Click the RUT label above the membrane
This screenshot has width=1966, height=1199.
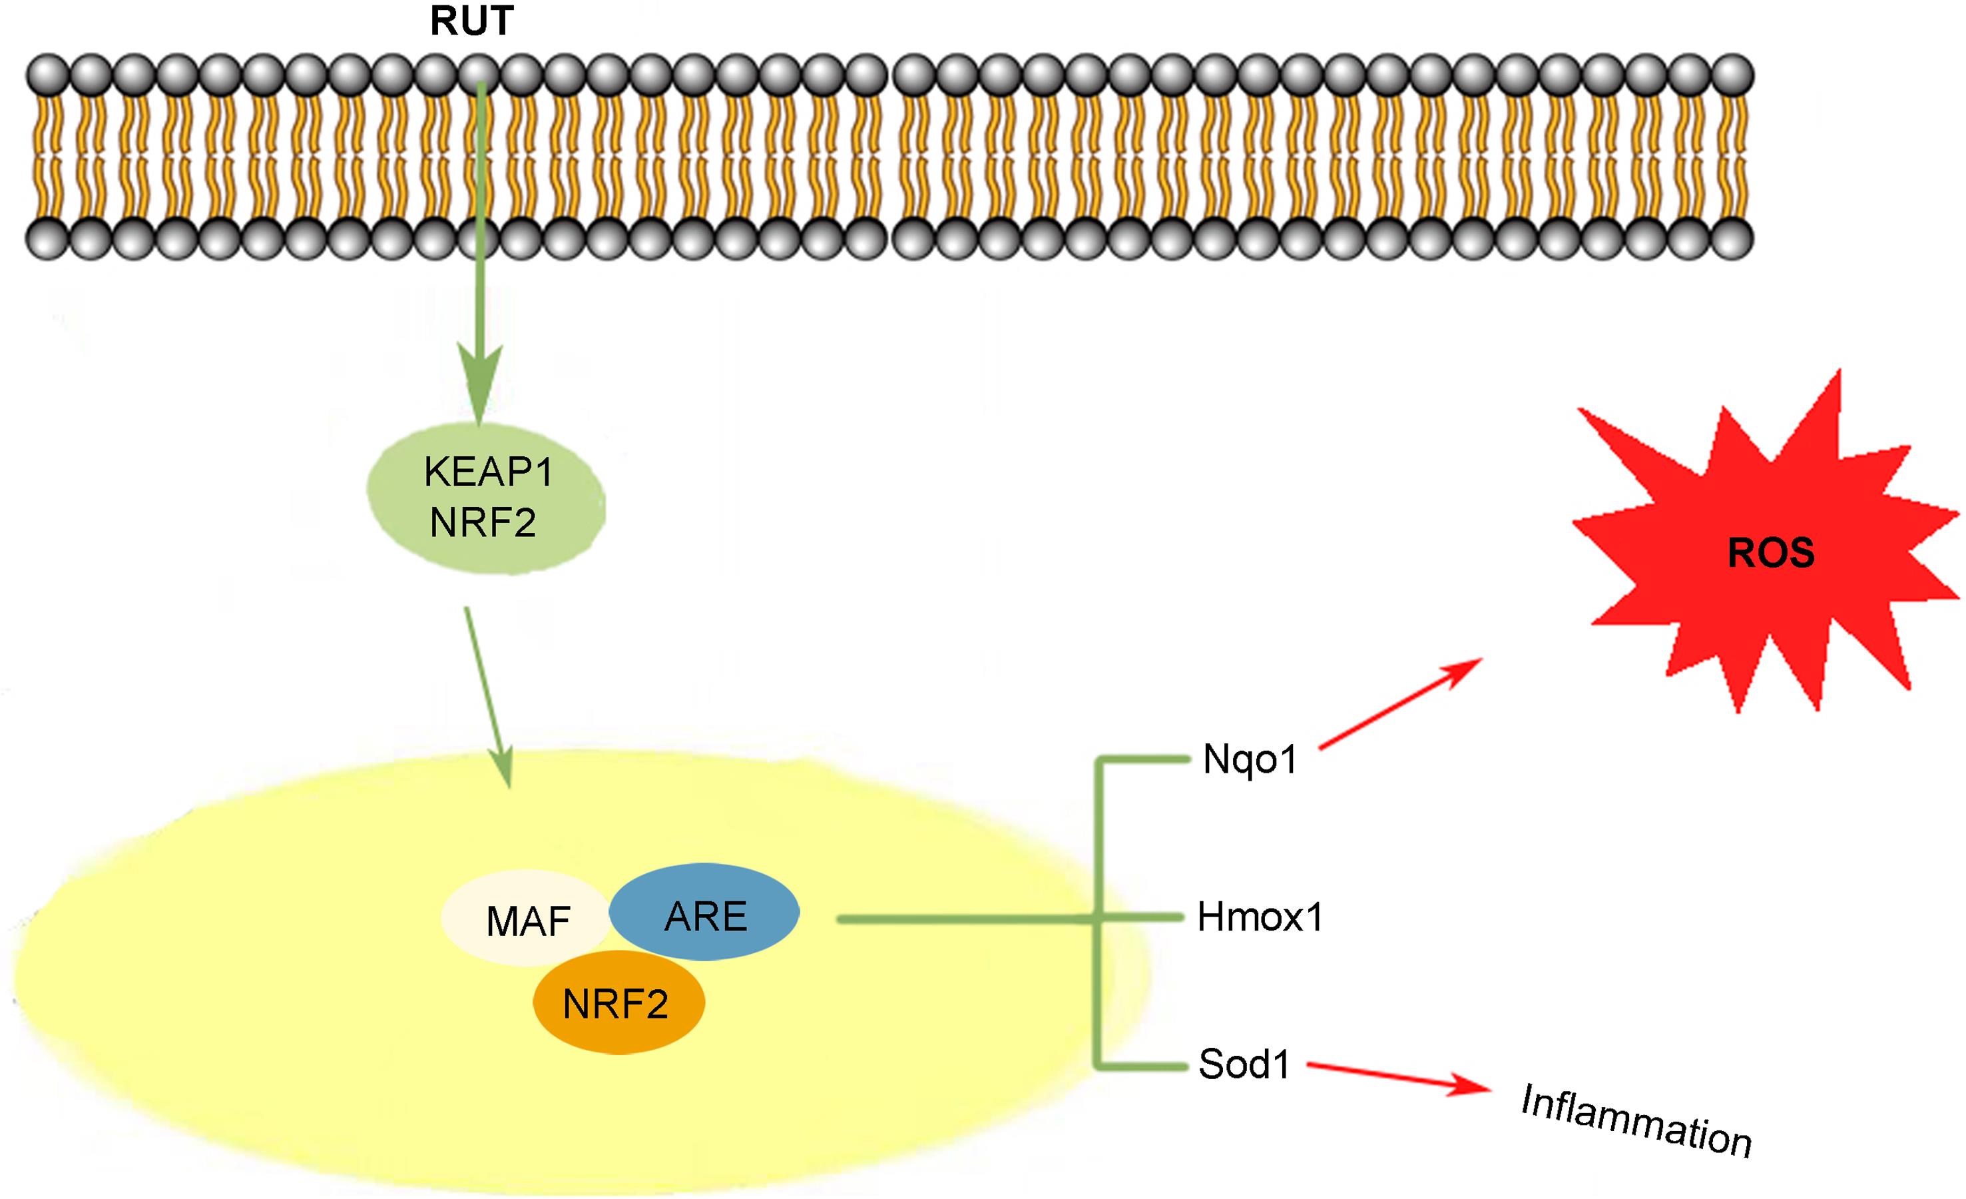pyautogui.click(x=471, y=21)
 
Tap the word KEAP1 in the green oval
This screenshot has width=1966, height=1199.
pyautogui.click(x=488, y=472)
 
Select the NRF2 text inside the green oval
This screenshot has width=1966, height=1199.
pyautogui.click(x=483, y=523)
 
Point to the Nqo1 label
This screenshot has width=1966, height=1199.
pyautogui.click(x=1250, y=759)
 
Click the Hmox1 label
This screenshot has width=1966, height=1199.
pyautogui.click(x=1260, y=917)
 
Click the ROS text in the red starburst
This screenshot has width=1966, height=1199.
pyautogui.click(x=1770, y=553)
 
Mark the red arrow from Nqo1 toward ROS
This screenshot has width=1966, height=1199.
pyautogui.click(x=1400, y=703)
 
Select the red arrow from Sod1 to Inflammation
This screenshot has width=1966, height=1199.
pyautogui.click(x=1396, y=1078)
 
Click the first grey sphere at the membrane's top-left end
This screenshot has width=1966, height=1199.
pyautogui.click(x=47, y=75)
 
